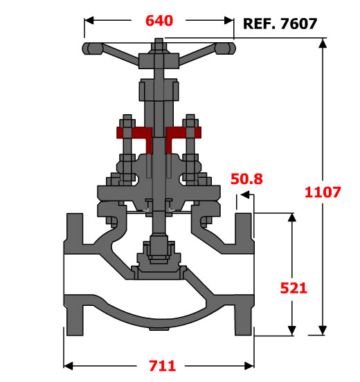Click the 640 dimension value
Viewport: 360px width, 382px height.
point(159,21)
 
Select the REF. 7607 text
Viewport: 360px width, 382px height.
point(280,24)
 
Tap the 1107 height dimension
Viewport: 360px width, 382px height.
point(323,192)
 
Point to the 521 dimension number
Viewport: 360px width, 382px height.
point(294,288)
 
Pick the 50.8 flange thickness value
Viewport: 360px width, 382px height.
point(246,179)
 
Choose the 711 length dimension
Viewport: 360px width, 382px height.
point(162,365)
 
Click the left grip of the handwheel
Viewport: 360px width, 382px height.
point(93,48)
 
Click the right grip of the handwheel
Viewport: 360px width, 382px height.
point(225,48)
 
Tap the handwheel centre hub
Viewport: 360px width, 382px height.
point(159,60)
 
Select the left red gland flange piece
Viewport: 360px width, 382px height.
point(135,136)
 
